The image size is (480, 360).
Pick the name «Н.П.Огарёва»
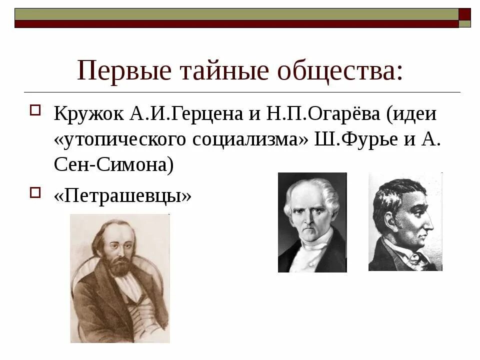coord(320,114)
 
